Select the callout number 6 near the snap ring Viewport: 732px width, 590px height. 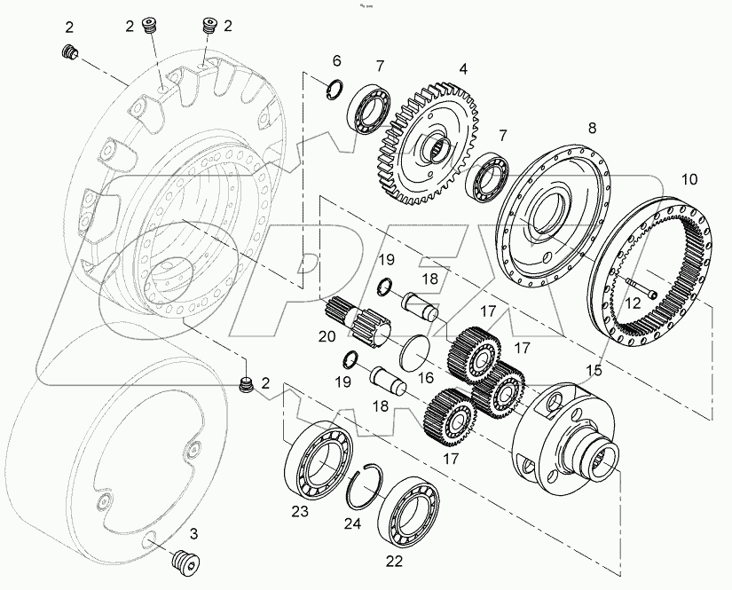point(336,60)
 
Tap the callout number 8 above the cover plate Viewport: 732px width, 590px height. point(592,128)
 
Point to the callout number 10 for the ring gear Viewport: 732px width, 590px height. point(689,179)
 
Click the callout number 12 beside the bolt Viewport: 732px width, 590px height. point(633,303)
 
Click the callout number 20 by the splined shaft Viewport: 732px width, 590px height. point(327,335)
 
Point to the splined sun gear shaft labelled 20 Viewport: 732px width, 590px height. point(355,318)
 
